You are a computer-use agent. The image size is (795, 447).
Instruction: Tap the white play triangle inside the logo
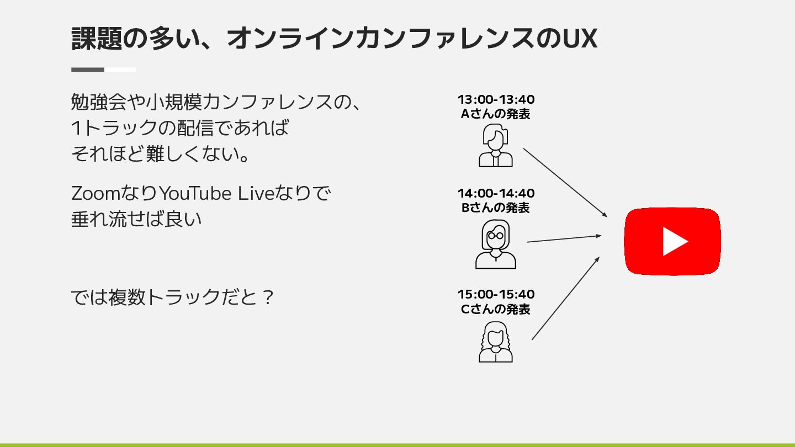(x=675, y=241)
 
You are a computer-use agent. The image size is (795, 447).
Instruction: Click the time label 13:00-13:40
(x=496, y=100)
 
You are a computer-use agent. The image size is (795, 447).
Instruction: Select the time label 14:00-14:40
(x=496, y=194)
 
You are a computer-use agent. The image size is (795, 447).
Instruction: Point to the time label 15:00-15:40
(x=496, y=295)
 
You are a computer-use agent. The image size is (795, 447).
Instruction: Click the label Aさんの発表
(x=496, y=114)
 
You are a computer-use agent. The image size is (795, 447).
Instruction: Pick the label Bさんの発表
(x=496, y=208)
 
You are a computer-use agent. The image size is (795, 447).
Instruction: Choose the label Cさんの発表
(x=496, y=309)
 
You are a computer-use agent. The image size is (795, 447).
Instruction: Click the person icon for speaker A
(x=495, y=146)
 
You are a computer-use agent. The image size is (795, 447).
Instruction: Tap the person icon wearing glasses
(x=495, y=244)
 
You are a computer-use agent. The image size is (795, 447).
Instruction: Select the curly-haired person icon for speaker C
(x=495, y=342)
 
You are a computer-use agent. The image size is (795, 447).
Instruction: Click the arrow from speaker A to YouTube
(x=565, y=182)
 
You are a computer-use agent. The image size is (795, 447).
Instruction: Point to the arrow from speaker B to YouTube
(x=564, y=239)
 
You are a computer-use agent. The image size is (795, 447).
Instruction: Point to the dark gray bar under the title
(x=88, y=70)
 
